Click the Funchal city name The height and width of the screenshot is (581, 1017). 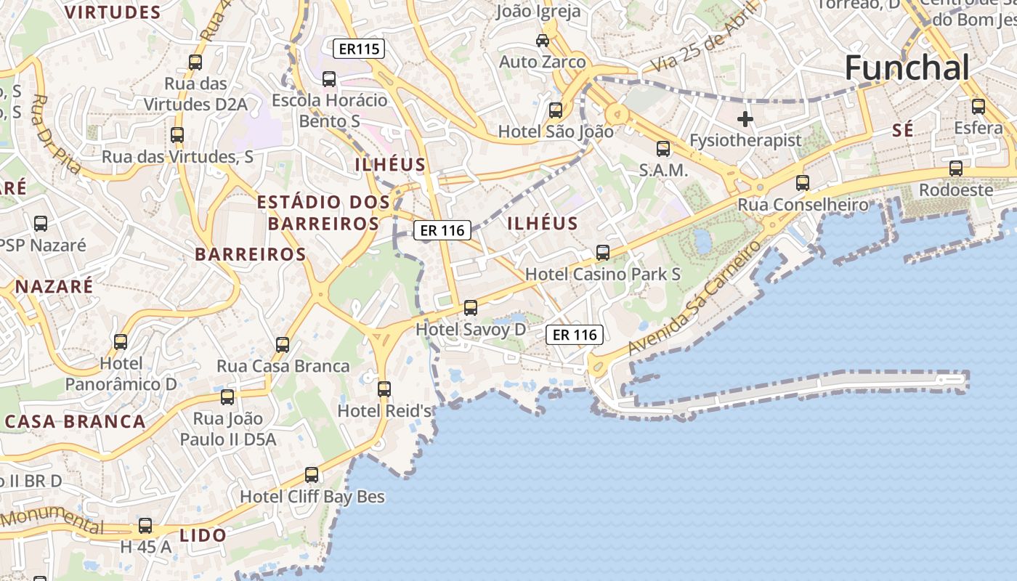coord(907,68)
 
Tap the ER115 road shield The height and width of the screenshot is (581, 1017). coord(358,49)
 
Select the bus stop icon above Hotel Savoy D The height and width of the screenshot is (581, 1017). coord(471,308)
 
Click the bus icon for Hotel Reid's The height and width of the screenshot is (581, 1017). coord(384,389)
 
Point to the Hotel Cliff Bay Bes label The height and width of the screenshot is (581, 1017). coord(312,497)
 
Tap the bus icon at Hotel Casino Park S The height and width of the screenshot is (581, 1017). coord(603,253)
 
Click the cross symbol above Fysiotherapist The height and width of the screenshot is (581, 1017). coord(745,119)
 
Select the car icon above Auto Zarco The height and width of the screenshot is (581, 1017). coord(543,40)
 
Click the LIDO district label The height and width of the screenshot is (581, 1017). coord(203,535)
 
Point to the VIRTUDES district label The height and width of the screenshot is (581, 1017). coord(113,12)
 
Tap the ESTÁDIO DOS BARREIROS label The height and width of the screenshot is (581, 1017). coord(318,212)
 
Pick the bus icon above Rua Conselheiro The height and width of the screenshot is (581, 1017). coord(803,183)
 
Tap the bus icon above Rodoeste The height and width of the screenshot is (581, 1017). coord(956,168)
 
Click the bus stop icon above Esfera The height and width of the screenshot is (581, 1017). coord(978,107)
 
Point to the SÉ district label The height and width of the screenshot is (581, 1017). coord(902,131)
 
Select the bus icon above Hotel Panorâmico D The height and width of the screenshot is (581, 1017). coord(121,341)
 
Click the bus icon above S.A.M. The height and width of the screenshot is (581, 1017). coord(663,149)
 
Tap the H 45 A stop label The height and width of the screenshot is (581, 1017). coord(146,547)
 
